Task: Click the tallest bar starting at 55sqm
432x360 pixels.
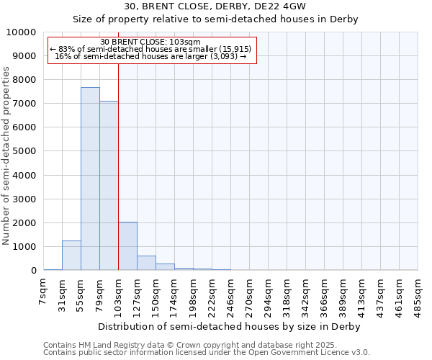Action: coord(90,179)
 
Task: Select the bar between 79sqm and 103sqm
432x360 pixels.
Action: coord(109,186)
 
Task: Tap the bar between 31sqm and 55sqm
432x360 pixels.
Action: coord(71,256)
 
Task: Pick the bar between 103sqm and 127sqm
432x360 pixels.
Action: coord(127,246)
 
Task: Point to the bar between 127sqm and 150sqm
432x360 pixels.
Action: coord(146,263)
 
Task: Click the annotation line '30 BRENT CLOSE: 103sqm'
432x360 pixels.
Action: coord(151,42)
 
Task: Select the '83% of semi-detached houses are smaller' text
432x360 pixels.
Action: coord(151,49)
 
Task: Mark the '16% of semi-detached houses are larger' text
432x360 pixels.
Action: coord(151,56)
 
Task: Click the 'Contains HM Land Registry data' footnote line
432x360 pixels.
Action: coord(185,345)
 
